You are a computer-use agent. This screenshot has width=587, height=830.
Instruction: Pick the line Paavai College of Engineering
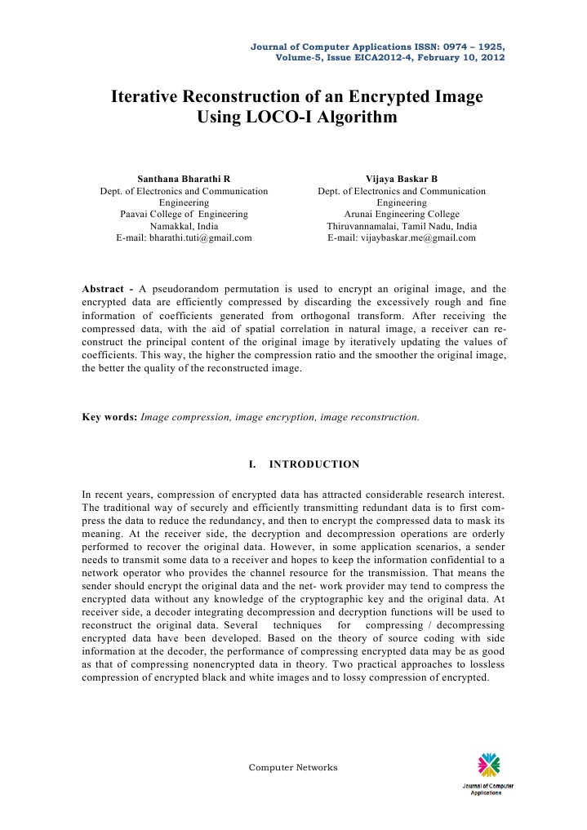pos(184,214)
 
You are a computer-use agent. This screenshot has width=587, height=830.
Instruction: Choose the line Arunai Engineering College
pos(401,214)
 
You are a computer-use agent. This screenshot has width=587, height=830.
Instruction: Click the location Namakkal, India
pos(184,226)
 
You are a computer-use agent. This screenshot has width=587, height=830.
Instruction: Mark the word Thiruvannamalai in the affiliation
pos(361,226)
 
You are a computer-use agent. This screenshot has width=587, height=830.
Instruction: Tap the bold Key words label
pos(109,417)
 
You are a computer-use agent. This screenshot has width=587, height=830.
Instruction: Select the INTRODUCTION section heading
pos(314,464)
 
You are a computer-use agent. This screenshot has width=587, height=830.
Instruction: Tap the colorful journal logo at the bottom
pos(488,766)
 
